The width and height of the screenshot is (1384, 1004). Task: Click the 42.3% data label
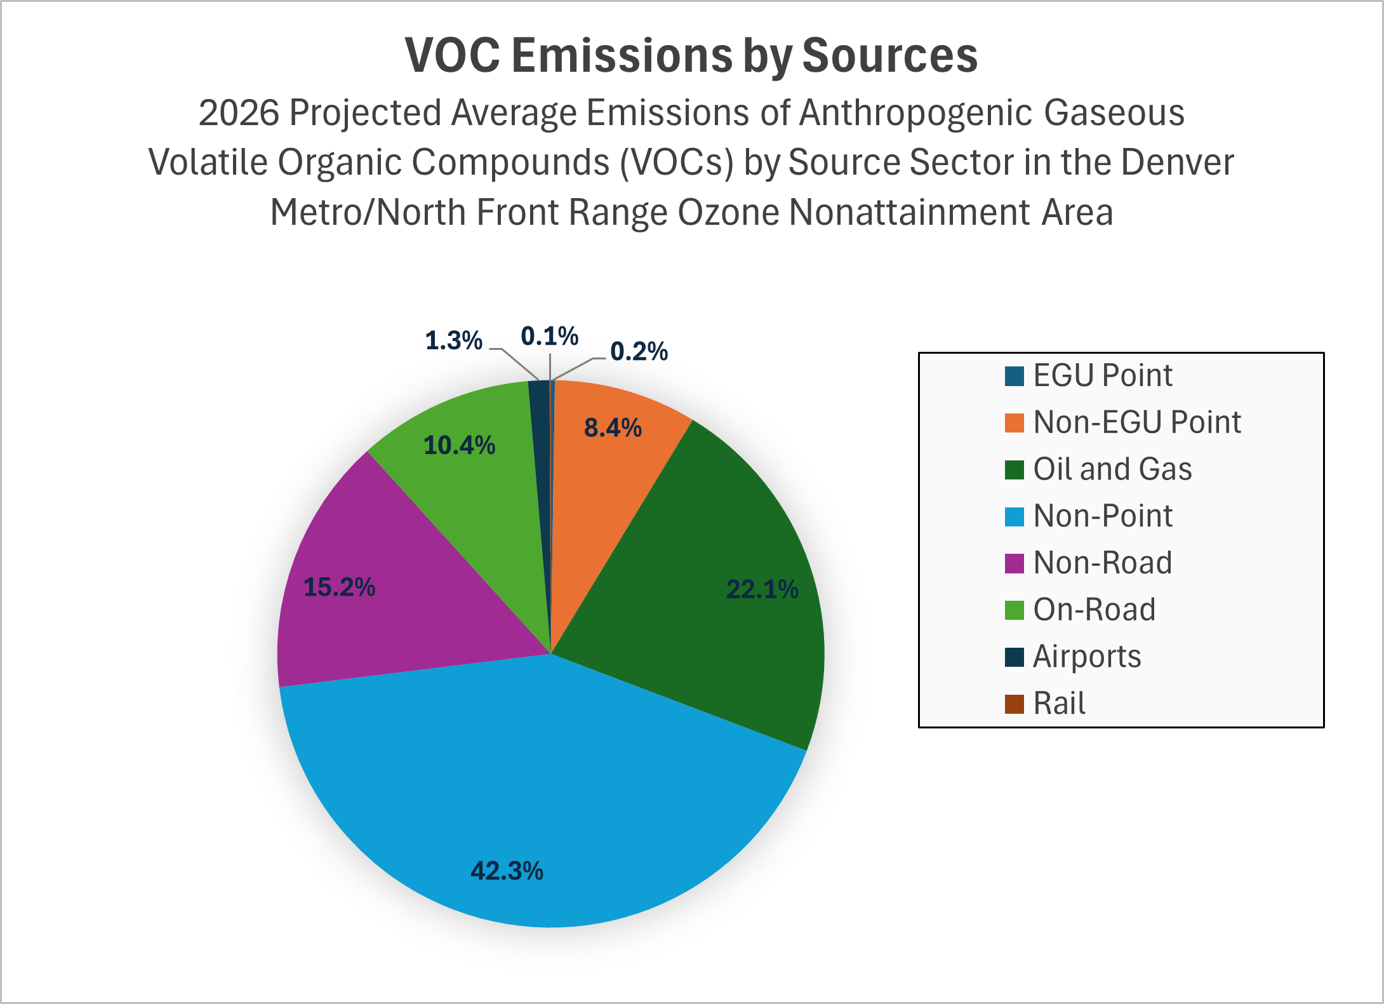click(x=507, y=871)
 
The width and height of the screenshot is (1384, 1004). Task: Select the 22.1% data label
click(x=762, y=589)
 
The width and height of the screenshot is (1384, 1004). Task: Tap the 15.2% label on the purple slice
click(x=339, y=587)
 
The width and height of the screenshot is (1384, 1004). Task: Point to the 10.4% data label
click(x=459, y=445)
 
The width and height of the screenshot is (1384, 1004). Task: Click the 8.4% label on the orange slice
click(x=613, y=428)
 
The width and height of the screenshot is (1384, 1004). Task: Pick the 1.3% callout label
click(x=453, y=341)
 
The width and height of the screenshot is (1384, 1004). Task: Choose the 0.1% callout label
click(x=549, y=336)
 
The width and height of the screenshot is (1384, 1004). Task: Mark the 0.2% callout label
click(x=639, y=351)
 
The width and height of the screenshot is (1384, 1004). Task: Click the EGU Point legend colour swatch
click(x=1014, y=376)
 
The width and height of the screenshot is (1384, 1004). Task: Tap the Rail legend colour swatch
click(x=1014, y=704)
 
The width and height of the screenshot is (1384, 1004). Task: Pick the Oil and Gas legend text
click(x=1112, y=469)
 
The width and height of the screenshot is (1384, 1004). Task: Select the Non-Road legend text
click(x=1102, y=563)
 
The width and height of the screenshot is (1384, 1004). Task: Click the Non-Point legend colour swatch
click(x=1014, y=516)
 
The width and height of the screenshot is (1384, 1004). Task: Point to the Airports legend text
click(x=1087, y=657)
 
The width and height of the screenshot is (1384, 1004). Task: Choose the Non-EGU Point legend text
click(x=1136, y=422)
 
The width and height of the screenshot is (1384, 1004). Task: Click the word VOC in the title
click(x=452, y=55)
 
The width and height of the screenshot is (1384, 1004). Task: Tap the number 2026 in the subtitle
click(x=239, y=113)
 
